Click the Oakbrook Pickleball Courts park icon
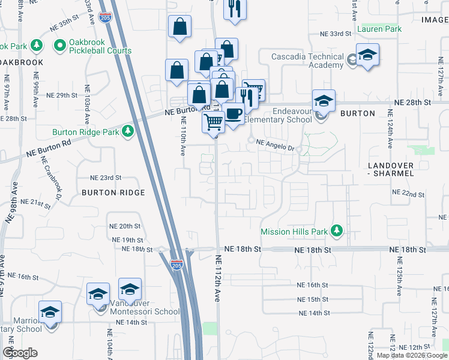pyautogui.click(x=60, y=45)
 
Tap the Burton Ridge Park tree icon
pyautogui.click(x=127, y=131)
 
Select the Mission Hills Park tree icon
pyautogui.click(x=337, y=230)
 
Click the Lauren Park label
pyautogui.click(x=379, y=29)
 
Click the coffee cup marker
pyautogui.click(x=234, y=113)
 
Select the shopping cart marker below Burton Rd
pyautogui.click(x=214, y=122)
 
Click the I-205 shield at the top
pyautogui.click(x=106, y=18)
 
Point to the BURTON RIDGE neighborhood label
pyautogui.click(x=113, y=193)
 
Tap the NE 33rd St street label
pyautogui.click(x=335, y=34)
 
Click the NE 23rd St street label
pyautogui.click(x=106, y=178)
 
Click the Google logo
pyautogui.click(x=20, y=353)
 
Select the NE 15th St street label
pyautogui.click(x=313, y=299)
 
